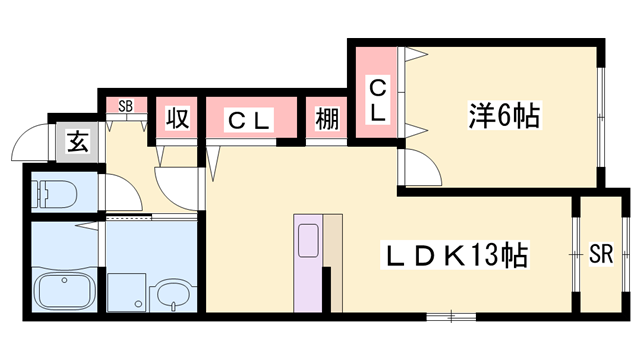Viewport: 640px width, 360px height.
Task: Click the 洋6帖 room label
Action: coord(502,117)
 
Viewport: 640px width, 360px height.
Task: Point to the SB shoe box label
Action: coord(126,105)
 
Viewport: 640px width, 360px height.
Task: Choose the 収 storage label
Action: coord(177,121)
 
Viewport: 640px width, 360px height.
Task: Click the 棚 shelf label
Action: coord(326,121)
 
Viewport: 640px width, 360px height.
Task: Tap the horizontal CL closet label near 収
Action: coord(250,121)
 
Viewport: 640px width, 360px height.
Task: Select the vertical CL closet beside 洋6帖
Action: coord(378,101)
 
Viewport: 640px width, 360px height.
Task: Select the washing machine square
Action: coord(126,290)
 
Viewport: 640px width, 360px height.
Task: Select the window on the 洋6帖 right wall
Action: coord(601,118)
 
